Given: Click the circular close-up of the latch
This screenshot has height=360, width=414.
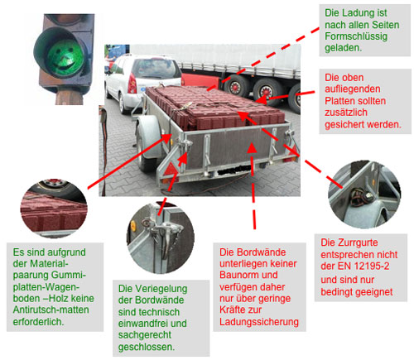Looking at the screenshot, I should click(x=159, y=232).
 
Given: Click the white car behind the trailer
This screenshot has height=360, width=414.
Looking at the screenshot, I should click(x=134, y=79).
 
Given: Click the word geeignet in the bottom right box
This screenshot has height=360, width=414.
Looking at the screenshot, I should click(x=373, y=292).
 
